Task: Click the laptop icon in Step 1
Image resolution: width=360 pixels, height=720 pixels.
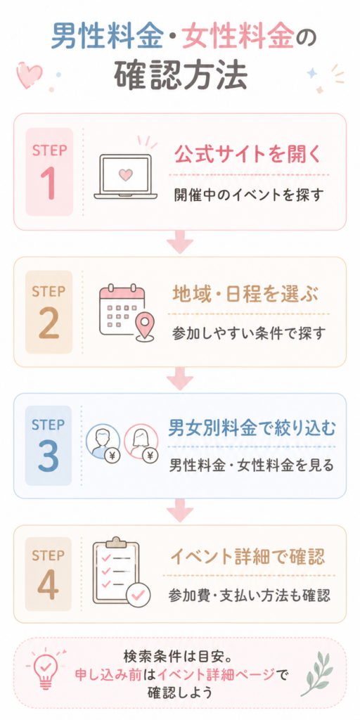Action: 126,176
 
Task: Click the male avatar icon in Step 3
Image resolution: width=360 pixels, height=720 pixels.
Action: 103,440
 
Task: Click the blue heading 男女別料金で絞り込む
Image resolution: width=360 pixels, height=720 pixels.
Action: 252,429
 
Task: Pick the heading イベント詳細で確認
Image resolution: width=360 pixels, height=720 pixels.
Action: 248,558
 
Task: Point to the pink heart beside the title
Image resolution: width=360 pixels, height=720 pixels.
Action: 29,74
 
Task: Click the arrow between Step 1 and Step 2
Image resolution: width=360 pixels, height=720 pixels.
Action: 179,242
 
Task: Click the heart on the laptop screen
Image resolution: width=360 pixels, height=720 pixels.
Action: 124,174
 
